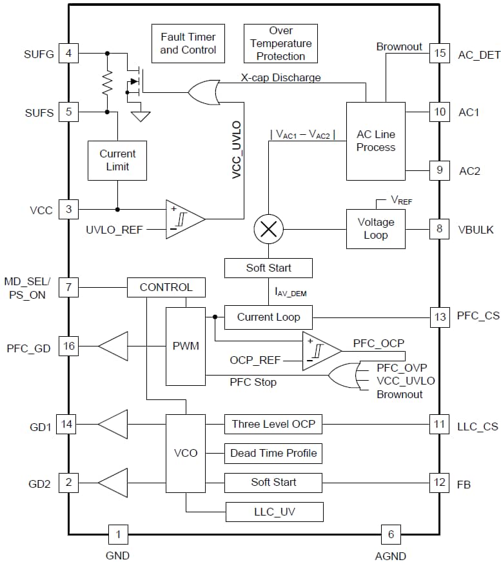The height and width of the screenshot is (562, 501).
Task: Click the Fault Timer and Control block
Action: click(x=188, y=43)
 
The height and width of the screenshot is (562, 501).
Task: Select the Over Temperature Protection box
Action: click(x=280, y=43)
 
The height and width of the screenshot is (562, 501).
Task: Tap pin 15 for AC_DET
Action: click(x=440, y=54)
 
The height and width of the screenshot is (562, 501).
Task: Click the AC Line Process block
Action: click(x=375, y=141)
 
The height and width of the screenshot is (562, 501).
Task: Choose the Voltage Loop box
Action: click(x=375, y=228)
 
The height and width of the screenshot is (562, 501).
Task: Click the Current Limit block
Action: click(x=117, y=160)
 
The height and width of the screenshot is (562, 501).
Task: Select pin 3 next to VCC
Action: click(x=68, y=209)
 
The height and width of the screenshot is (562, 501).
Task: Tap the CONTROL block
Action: click(x=166, y=287)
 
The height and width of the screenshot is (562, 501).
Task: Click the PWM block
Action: click(x=186, y=346)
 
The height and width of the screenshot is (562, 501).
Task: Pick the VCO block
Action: click(x=186, y=453)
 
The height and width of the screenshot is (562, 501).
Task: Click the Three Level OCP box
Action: click(x=273, y=424)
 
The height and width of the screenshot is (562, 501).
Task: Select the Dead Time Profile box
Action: click(x=273, y=453)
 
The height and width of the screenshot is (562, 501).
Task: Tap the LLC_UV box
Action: click(x=274, y=512)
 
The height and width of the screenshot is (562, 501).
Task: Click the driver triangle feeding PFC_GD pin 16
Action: click(x=113, y=346)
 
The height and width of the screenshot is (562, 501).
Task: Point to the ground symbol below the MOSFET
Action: click(x=140, y=116)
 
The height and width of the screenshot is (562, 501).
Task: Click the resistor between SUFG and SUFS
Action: click(x=107, y=82)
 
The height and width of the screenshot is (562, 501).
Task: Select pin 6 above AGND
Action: click(x=390, y=534)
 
